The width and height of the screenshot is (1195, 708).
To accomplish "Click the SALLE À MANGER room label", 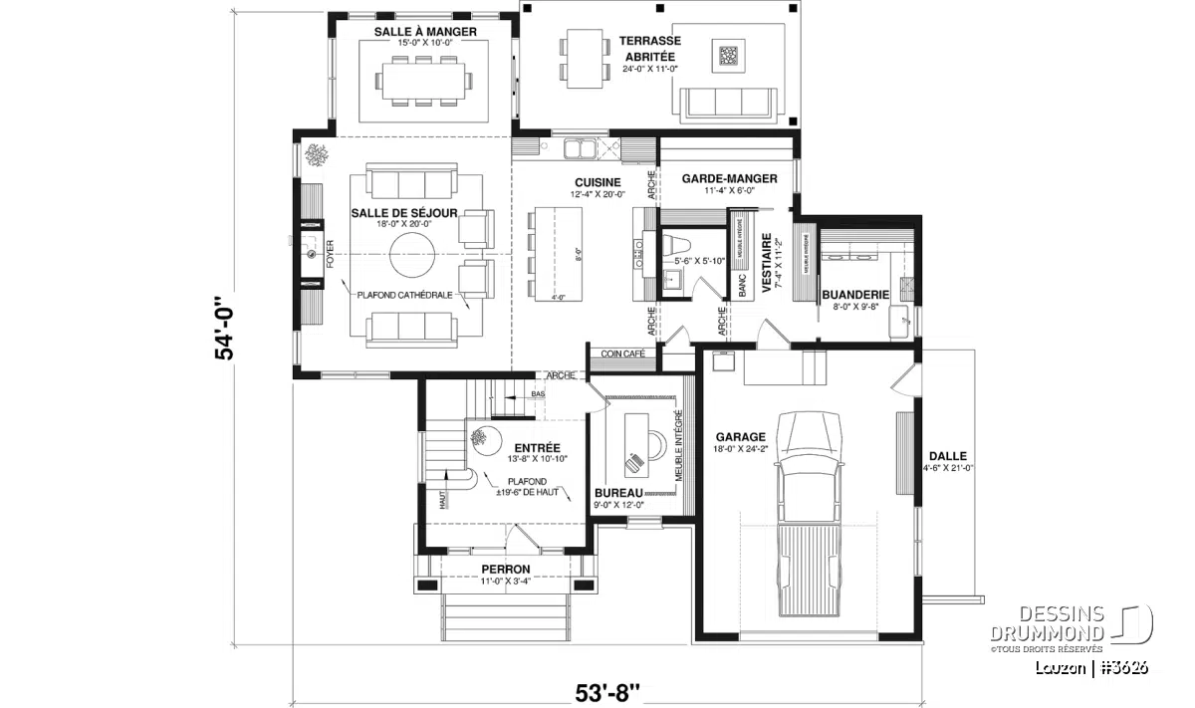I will coord(425,32).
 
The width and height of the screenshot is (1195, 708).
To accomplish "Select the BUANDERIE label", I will coord(854,295).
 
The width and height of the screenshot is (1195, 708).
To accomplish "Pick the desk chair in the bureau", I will coord(634,460).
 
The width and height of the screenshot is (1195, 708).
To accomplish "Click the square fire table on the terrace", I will coord(730,55).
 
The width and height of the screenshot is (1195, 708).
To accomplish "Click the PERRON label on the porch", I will coord(506,570).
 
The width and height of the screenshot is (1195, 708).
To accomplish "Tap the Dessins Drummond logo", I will coord(1071,625).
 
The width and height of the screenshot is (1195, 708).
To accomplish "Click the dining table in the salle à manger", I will coord(424,80).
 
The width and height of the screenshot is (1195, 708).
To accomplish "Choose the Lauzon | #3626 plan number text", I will coord(1090,667).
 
